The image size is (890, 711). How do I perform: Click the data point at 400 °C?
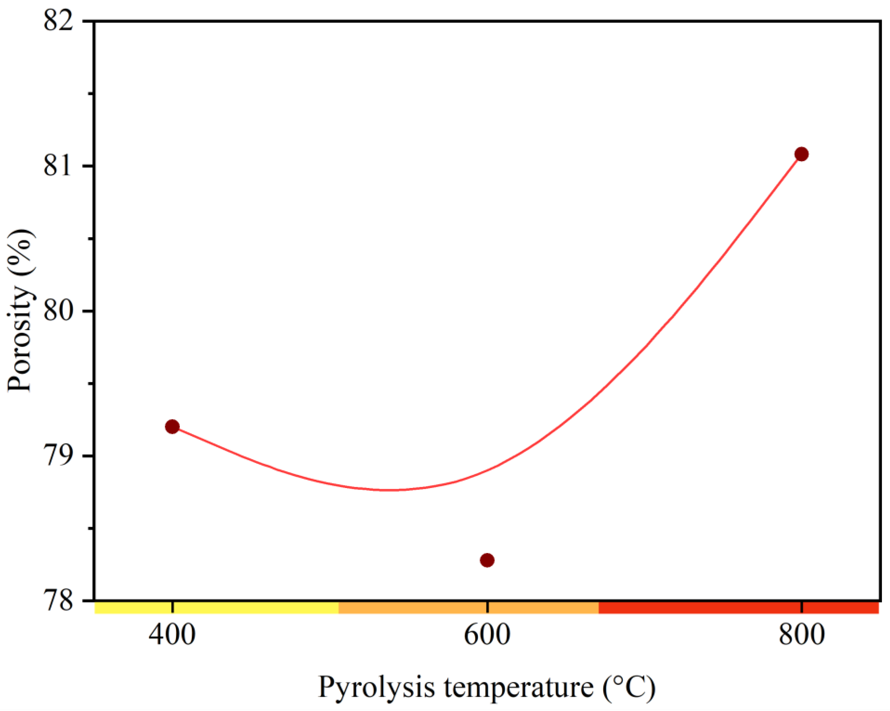click(172, 426)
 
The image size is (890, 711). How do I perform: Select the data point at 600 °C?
click(488, 560)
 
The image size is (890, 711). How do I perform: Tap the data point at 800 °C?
click(802, 154)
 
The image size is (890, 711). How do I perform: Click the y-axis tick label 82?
click(58, 21)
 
